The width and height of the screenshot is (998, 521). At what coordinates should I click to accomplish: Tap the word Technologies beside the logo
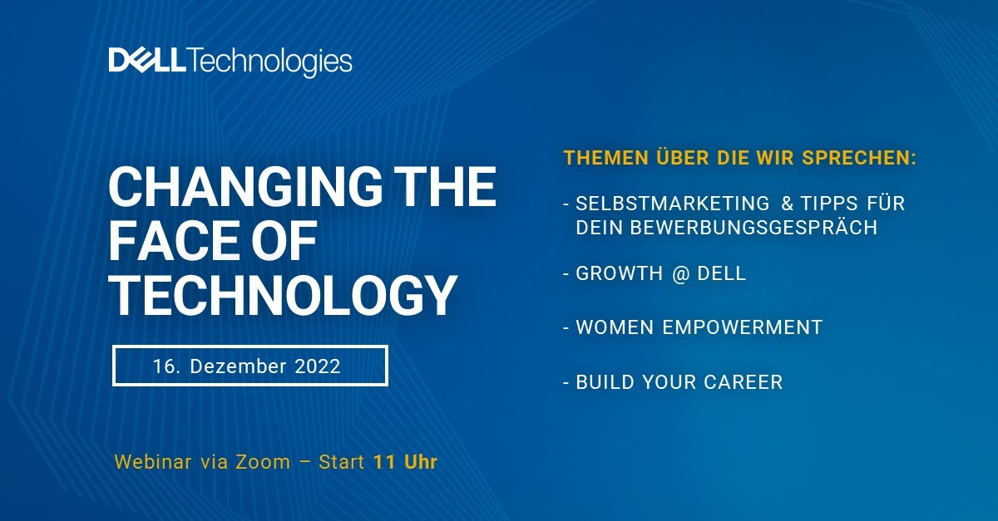pos(271,61)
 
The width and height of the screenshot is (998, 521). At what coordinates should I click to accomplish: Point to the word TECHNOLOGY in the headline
pos(284,295)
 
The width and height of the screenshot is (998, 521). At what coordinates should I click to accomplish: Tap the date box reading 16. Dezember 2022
pos(250,366)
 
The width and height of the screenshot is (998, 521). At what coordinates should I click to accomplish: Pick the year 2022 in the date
pos(317,366)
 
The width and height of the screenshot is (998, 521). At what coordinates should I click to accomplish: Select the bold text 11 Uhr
pos(405,462)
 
